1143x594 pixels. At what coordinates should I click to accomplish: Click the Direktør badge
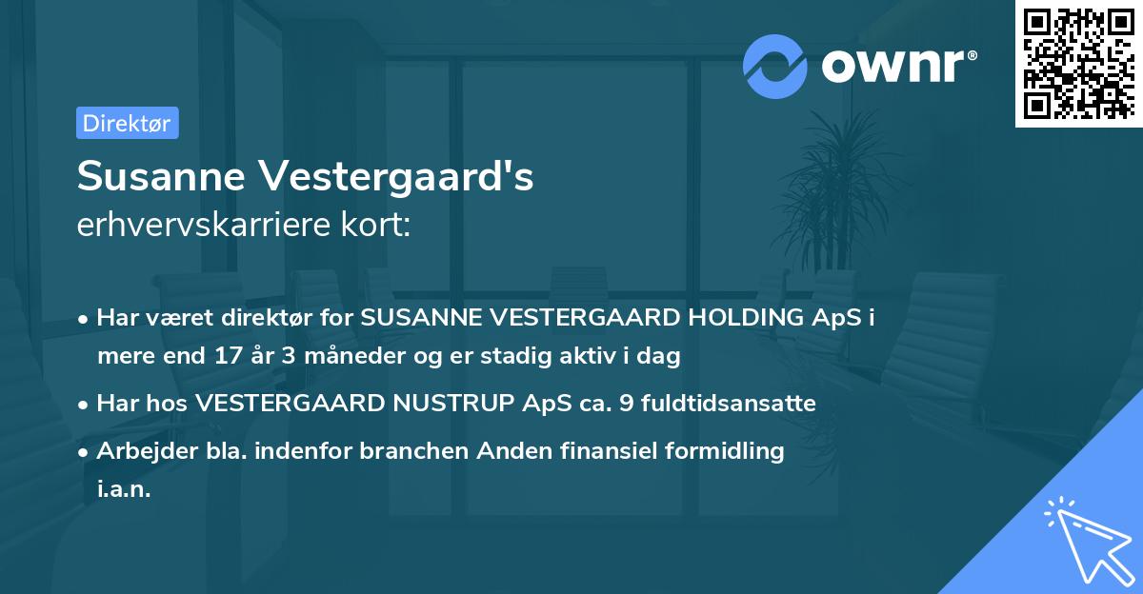[127, 123]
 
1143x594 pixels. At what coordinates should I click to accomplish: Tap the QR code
[1079, 64]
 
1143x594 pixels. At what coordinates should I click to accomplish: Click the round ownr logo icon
[775, 67]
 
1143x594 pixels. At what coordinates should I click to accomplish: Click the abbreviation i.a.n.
[123, 489]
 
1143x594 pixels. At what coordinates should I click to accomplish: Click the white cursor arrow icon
[1085, 534]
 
